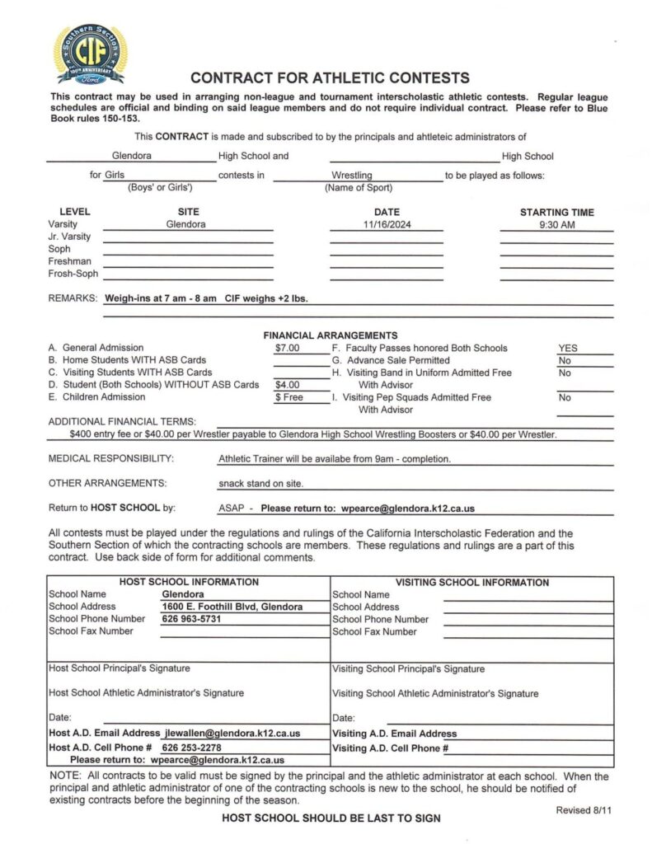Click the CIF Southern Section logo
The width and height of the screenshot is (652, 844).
91,54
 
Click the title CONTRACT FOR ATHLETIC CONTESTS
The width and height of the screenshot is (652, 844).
330,78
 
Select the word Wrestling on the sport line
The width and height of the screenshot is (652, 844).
352,176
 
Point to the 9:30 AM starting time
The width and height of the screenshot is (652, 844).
556,224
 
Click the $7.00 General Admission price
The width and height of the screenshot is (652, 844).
288,348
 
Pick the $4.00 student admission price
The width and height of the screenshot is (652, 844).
288,385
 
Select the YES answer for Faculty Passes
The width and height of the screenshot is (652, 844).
568,348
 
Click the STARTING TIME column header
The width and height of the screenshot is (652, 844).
556,212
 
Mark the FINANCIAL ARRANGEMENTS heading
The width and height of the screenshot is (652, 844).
330,335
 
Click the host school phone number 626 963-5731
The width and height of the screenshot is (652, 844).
192,619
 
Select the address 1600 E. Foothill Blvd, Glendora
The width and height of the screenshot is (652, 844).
232,607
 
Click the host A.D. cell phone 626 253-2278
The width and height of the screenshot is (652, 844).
191,748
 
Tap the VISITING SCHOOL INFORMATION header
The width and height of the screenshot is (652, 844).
472,582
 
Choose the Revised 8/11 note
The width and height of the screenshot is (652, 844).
584,810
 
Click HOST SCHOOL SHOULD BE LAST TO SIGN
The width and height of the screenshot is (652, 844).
331,818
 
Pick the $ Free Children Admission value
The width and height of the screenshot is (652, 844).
289,397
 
